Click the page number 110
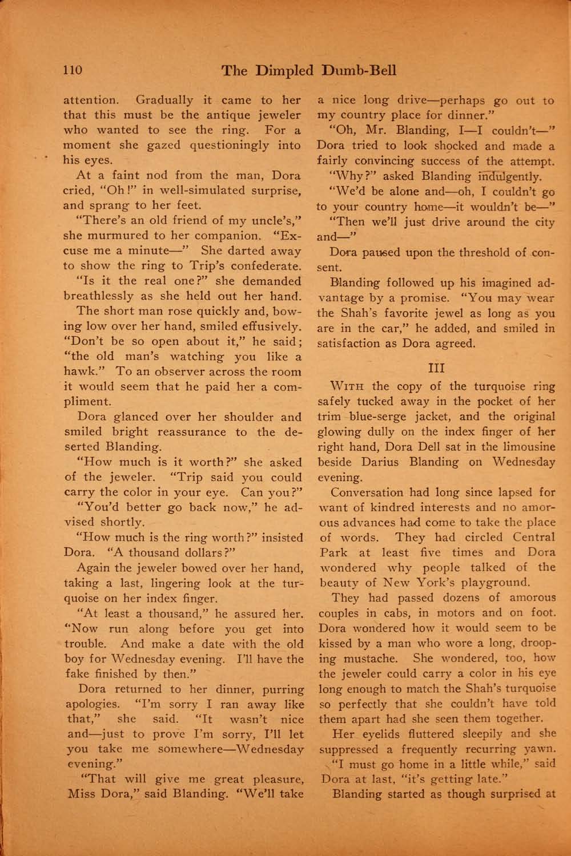73,71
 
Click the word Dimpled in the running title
283,71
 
